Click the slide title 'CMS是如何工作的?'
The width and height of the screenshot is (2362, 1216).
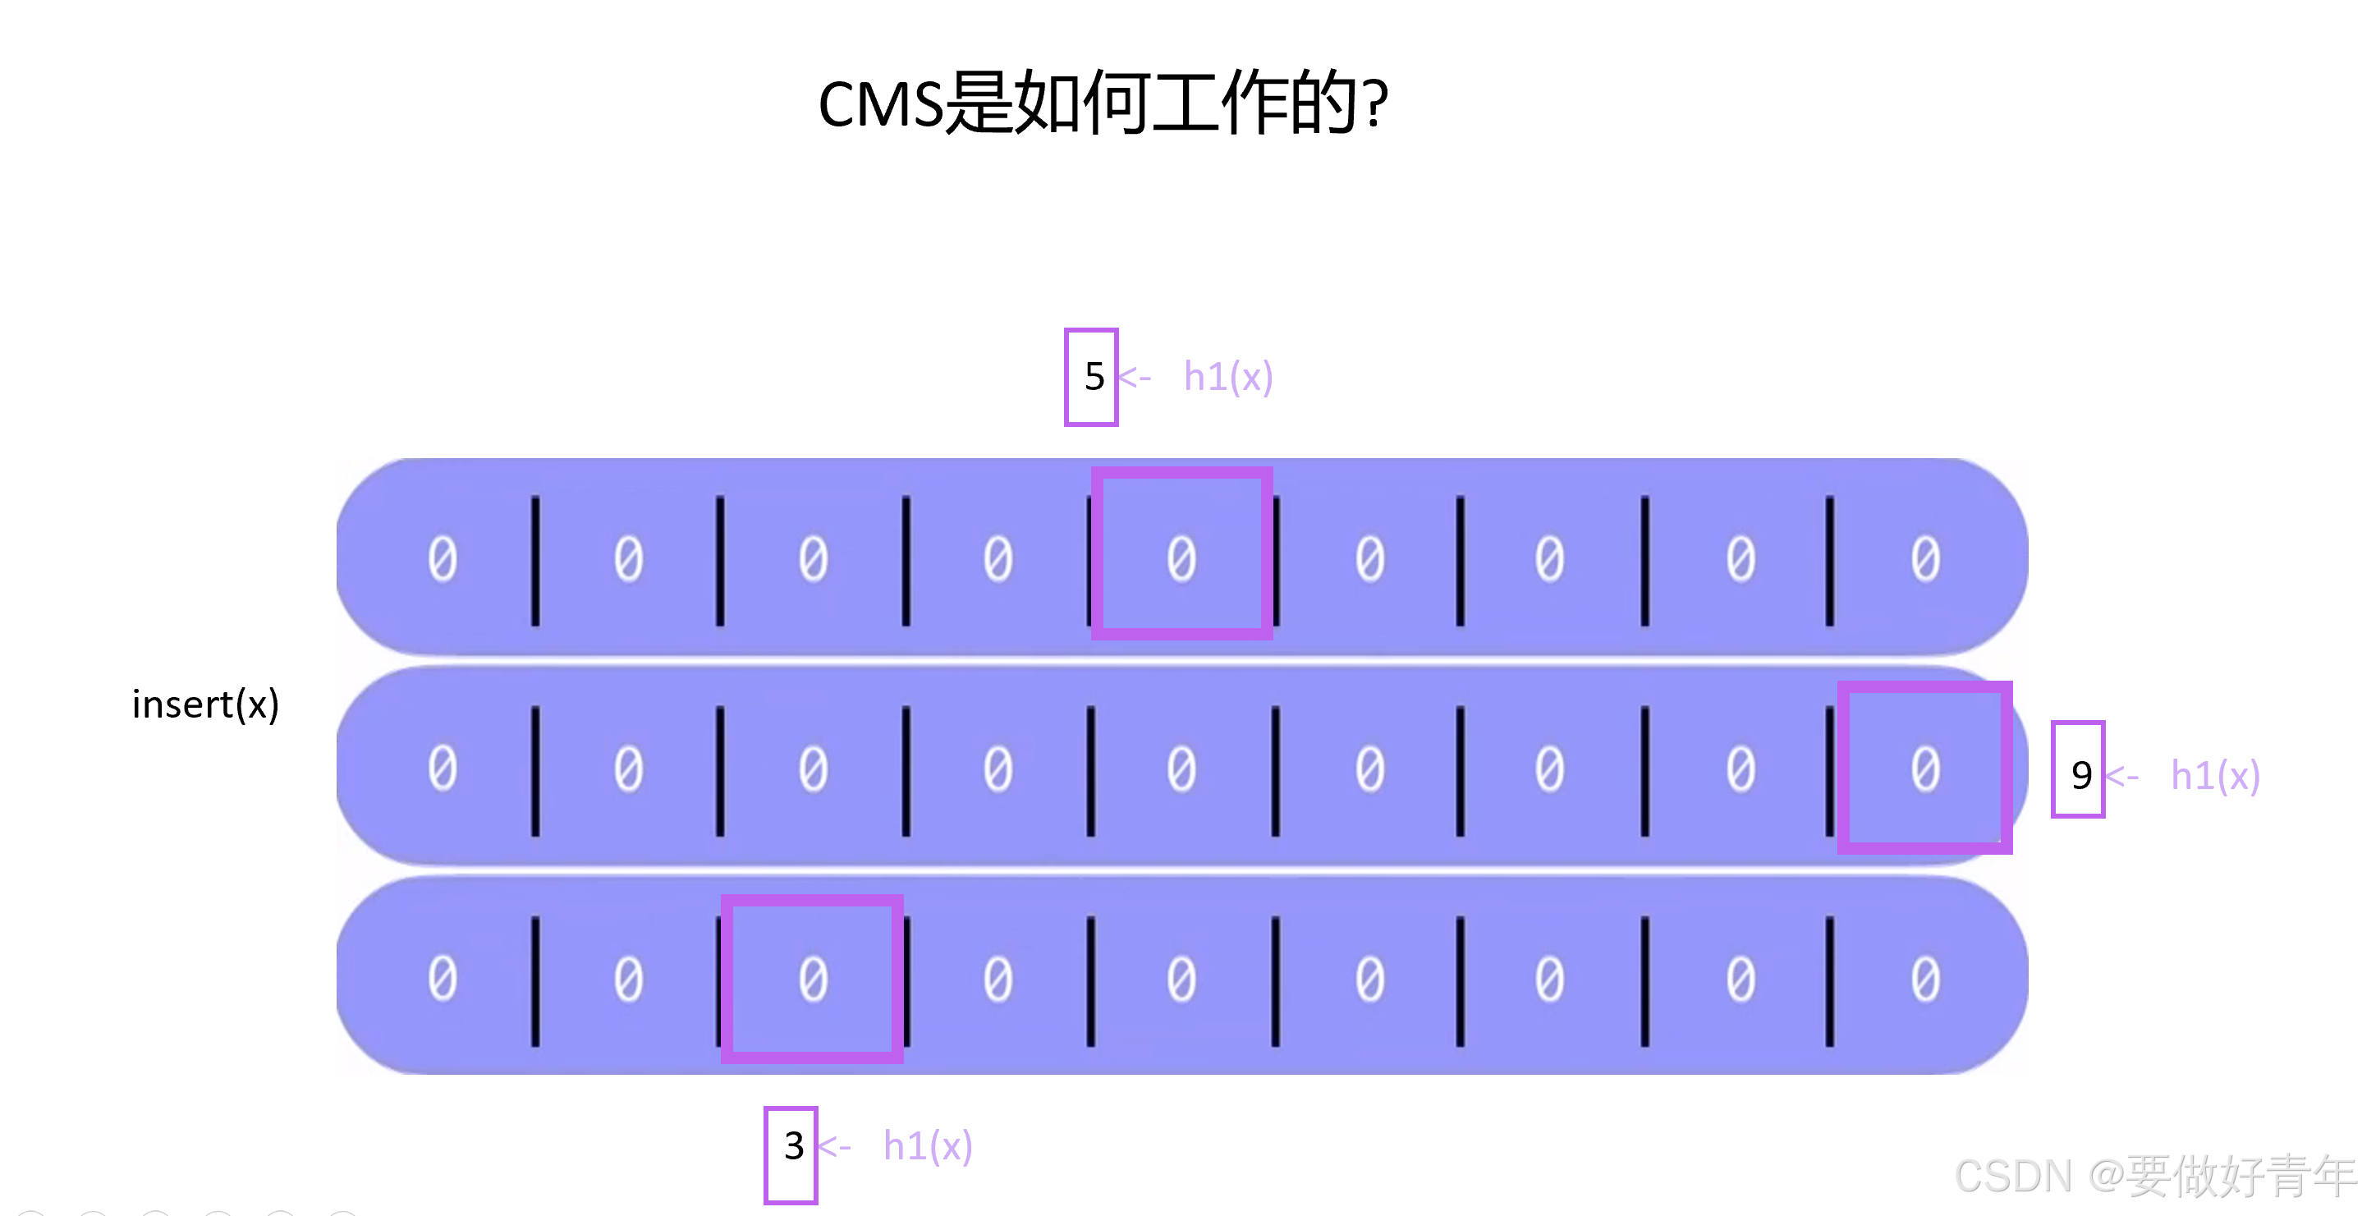pyautogui.click(x=1103, y=103)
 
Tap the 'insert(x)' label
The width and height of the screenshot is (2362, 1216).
pyautogui.click(x=205, y=704)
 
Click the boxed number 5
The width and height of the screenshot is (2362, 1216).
pyautogui.click(x=1091, y=377)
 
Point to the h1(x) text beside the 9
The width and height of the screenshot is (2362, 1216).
pyautogui.click(x=2214, y=776)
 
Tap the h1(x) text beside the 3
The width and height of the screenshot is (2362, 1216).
pyautogui.click(x=927, y=1146)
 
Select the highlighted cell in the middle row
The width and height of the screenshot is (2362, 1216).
pyautogui.click(x=1924, y=768)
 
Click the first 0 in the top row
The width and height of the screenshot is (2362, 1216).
pyautogui.click(x=442, y=558)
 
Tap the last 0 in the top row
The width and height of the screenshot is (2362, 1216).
pyautogui.click(x=1924, y=558)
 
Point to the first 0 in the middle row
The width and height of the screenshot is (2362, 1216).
pyautogui.click(x=442, y=768)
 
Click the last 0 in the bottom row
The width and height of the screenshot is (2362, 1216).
pyautogui.click(x=1924, y=979)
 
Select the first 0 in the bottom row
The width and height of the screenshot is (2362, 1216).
pyautogui.click(x=442, y=979)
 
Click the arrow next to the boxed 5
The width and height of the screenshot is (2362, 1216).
pyautogui.click(x=1135, y=377)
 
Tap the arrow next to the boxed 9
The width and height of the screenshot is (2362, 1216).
pyautogui.click(x=2121, y=777)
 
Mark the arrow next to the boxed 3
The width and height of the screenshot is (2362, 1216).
pyautogui.click(x=834, y=1146)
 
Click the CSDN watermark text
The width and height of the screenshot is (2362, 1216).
pyautogui.click(x=2155, y=1176)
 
